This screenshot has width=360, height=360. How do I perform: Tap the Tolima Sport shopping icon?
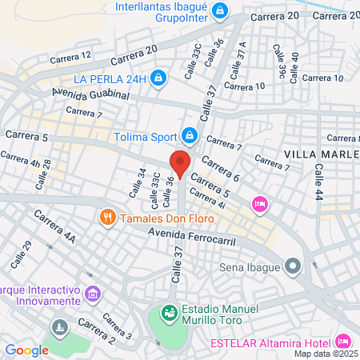[189, 134]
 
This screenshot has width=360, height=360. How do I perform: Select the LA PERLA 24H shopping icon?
[158, 78]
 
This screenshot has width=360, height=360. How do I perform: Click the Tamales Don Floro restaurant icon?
[106, 217]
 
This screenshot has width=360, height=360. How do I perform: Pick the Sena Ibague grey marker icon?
[294, 265]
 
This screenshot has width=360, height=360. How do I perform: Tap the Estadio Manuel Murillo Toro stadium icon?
[170, 311]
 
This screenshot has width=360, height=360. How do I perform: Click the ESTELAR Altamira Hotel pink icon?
[345, 339]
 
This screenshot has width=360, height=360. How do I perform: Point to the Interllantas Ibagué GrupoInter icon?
[224, 11]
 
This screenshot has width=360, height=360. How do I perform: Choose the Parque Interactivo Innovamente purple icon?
[94, 294]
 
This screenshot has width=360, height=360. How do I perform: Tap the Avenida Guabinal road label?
[90, 94]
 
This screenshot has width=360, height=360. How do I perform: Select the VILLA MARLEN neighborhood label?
[321, 153]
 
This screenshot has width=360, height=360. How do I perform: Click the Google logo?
[26, 350]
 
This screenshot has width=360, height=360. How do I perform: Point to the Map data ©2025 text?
[326, 354]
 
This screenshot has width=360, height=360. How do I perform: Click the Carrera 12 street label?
[70, 57]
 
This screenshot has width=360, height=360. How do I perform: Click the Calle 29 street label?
[18, 254]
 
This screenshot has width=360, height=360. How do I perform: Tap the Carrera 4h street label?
[21, 161]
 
